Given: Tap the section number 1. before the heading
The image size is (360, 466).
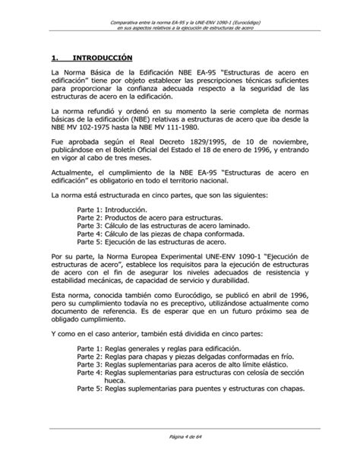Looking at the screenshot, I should pos(53,57).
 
